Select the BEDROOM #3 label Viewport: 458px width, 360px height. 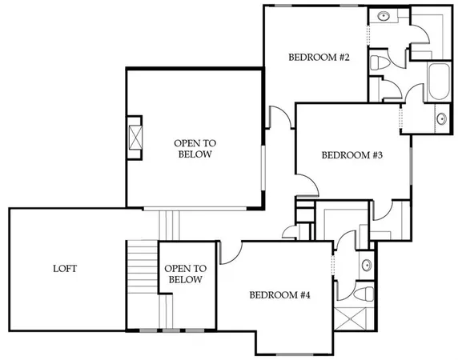point(352,155)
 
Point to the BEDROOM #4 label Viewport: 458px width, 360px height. point(279,295)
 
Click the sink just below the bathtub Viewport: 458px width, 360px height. point(440,121)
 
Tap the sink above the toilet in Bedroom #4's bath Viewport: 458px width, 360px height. point(365,265)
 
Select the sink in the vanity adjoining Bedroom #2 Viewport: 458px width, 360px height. point(383,16)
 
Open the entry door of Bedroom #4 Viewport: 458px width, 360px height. point(229,253)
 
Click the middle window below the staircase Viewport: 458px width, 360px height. point(170,330)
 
